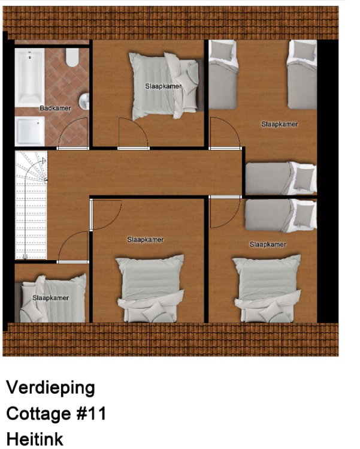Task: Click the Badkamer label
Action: (x=55, y=108)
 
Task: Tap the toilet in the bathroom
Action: (x=72, y=57)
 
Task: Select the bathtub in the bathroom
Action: (x=30, y=77)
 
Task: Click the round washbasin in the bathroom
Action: (x=84, y=101)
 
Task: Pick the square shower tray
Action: (x=30, y=131)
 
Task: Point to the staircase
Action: (x=31, y=205)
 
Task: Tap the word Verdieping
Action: (x=50, y=388)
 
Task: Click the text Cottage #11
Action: (x=56, y=414)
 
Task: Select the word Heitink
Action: (x=35, y=439)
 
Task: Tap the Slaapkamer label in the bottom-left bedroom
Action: (x=51, y=298)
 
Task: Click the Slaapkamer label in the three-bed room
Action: (x=280, y=124)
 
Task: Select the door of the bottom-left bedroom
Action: (x=72, y=247)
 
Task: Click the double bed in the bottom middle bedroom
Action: (x=150, y=288)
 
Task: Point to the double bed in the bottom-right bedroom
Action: (x=267, y=288)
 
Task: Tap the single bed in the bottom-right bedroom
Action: (x=281, y=216)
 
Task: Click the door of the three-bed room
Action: (x=225, y=134)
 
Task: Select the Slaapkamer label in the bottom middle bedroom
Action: (x=146, y=240)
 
